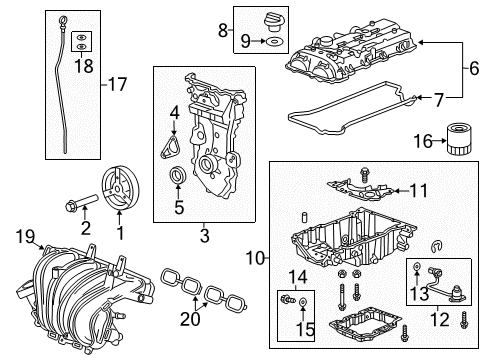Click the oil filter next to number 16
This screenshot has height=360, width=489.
pyautogui.click(x=459, y=139)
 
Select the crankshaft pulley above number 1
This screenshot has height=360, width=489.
pyautogui.click(x=120, y=189)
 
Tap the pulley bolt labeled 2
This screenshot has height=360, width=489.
pyautogui.click(x=81, y=203)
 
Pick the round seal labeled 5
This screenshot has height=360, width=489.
pyautogui.click(x=178, y=176)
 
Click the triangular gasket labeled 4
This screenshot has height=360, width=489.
pyautogui.click(x=170, y=146)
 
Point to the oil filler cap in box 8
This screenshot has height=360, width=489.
pyautogui.click(x=273, y=22)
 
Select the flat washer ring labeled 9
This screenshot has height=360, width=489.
pyautogui.click(x=274, y=42)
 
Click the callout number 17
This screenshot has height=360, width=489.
pyautogui.click(x=117, y=84)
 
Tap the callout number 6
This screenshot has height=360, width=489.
pyautogui.click(x=474, y=68)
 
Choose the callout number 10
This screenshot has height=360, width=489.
pyautogui.click(x=255, y=258)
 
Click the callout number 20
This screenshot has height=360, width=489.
pyautogui.click(x=190, y=318)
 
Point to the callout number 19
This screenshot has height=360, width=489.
pyautogui.click(x=25, y=237)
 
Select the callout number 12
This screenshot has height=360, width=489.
pyautogui.click(x=440, y=319)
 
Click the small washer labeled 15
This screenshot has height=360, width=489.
pyautogui.click(x=303, y=302)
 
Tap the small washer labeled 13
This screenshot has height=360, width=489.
pyautogui.click(x=417, y=267)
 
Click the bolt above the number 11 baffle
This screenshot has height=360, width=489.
pyautogui.click(x=364, y=174)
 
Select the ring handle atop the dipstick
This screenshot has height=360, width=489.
pyautogui.click(x=62, y=21)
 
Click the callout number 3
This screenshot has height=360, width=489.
pyautogui.click(x=204, y=235)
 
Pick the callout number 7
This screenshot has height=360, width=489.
pyautogui.click(x=439, y=100)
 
